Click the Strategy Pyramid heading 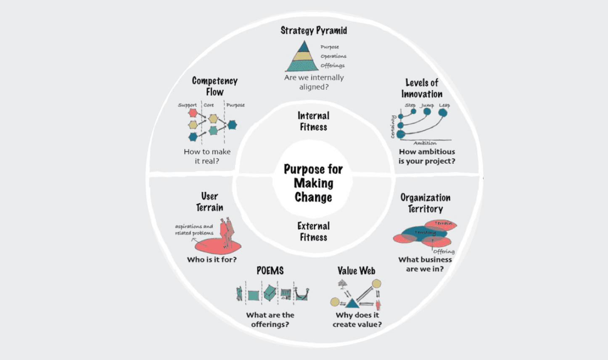tap(314, 30)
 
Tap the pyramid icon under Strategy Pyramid tap(303, 57)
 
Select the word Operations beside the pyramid tap(333, 56)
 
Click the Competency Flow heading tap(215, 86)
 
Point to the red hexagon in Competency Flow tap(193, 113)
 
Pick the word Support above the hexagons tap(187, 105)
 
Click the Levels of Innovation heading tap(422, 88)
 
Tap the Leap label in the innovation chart tap(444, 105)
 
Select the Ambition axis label tap(425, 143)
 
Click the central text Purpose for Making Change tap(313, 183)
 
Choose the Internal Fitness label tap(313, 121)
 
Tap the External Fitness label tap(313, 231)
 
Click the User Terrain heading tap(209, 202)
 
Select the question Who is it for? tap(212, 259)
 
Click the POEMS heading tap(270, 271)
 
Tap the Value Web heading tap(356, 271)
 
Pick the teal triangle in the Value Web tap(352, 302)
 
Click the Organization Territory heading tap(425, 203)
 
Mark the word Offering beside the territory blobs tap(444, 251)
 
